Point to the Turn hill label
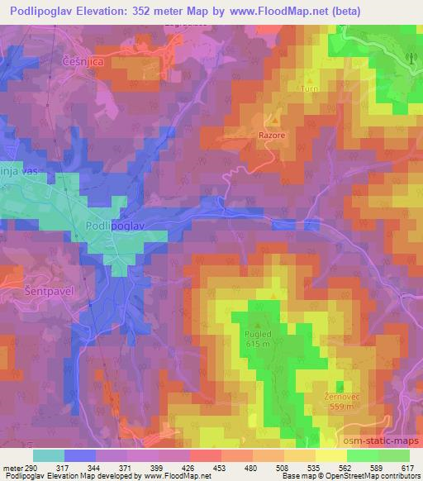pos(310,88)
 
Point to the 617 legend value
pos(408,468)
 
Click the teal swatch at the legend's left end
pos(49,455)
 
